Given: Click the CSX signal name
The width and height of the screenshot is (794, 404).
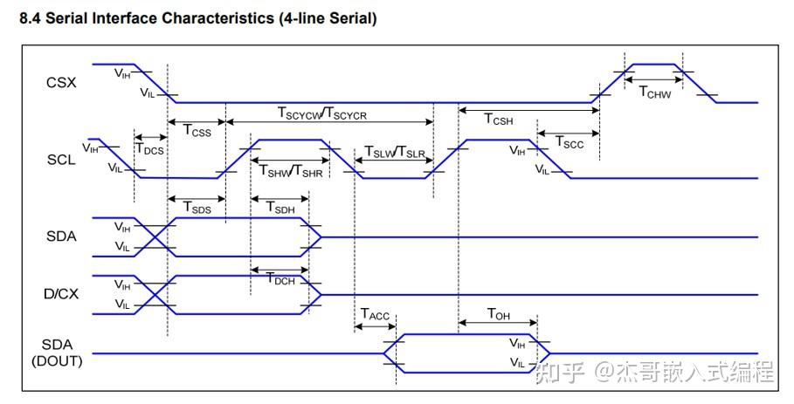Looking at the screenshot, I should click(61, 83).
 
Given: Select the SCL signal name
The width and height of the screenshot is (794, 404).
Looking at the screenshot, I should click(61, 160).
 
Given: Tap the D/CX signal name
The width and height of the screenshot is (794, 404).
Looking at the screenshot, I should click(61, 294).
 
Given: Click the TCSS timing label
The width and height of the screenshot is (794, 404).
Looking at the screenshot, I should click(197, 130).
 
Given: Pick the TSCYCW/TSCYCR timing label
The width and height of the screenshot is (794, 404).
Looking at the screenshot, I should click(322, 113).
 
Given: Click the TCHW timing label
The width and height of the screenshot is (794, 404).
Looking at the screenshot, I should click(654, 92).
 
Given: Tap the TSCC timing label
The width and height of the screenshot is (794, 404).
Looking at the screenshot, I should click(569, 143).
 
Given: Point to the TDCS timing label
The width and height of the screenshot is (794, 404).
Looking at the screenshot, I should click(149, 148).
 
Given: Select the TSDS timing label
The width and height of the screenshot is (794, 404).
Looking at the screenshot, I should click(197, 207).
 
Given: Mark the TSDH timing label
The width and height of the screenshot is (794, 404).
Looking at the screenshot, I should click(279, 207).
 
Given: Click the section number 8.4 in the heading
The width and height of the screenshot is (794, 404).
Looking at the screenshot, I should click(30, 18).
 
